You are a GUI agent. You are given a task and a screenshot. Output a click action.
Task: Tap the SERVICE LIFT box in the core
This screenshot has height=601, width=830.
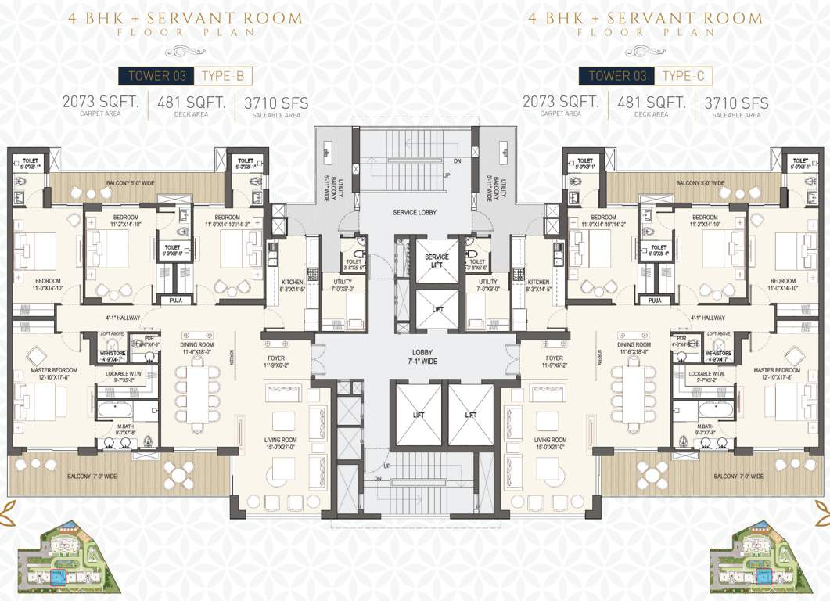click(x=437, y=261)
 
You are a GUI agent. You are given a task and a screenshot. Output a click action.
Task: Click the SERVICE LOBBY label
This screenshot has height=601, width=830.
click(x=415, y=213)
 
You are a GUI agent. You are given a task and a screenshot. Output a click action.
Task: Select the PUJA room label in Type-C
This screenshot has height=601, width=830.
click(x=654, y=300)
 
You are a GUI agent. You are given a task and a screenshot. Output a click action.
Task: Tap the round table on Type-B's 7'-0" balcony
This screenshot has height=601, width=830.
click(x=179, y=474)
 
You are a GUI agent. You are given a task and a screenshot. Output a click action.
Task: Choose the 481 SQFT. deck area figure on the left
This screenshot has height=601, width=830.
click(x=192, y=102)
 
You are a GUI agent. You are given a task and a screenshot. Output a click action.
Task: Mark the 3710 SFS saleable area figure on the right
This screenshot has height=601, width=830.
click(x=736, y=103)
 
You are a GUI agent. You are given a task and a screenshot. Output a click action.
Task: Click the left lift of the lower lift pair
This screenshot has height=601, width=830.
click(x=418, y=415)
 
